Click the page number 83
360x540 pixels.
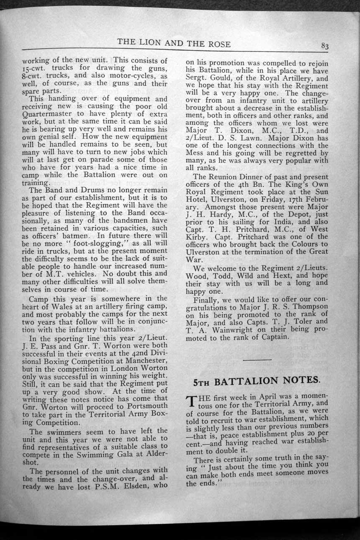coord(325,46)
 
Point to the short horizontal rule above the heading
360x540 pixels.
coord(257,359)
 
